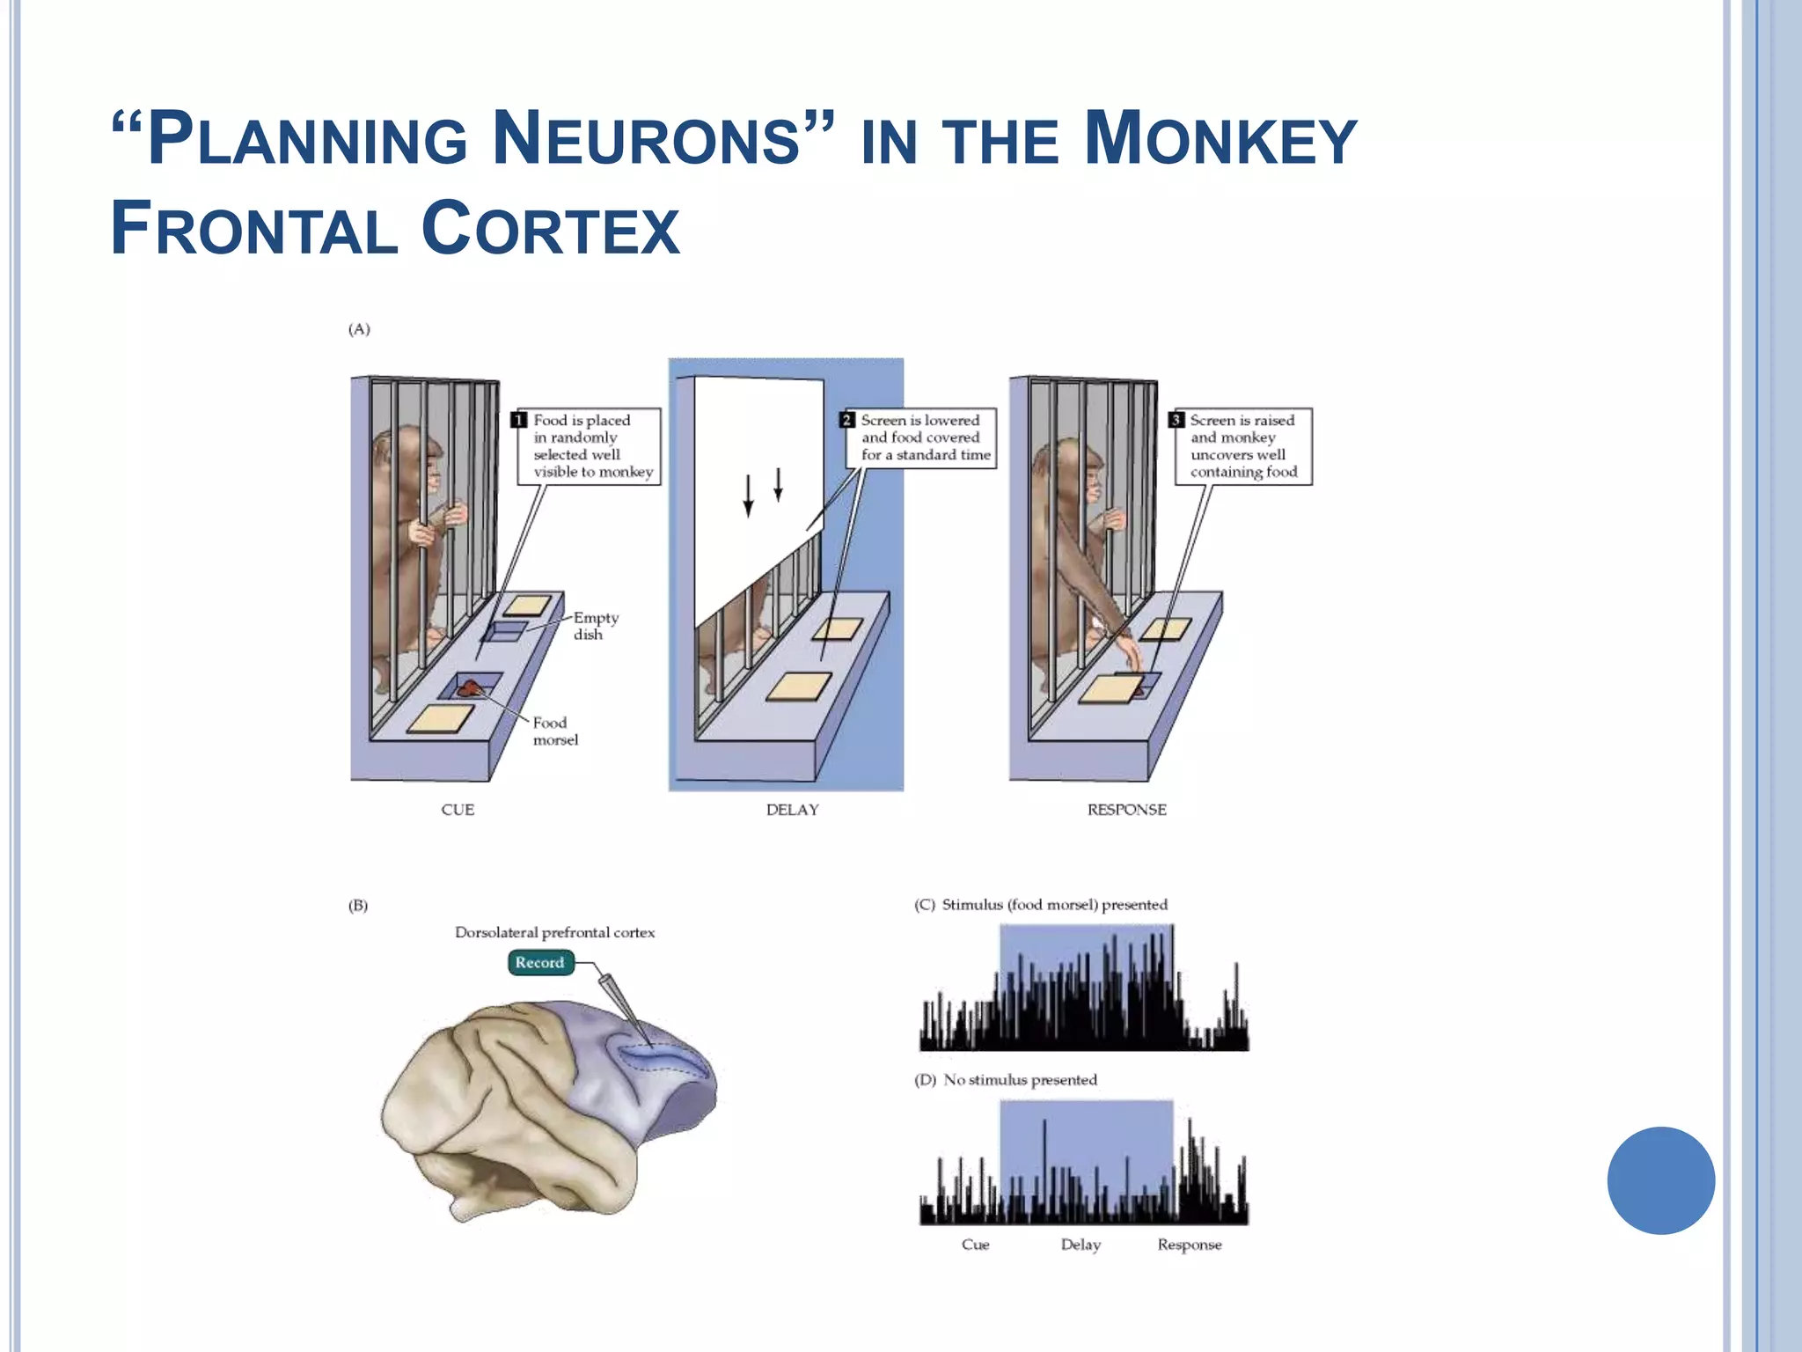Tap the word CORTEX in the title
pos(550,229)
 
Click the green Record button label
pos(539,962)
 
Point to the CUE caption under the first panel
pos(458,810)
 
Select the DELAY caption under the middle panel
pos(792,810)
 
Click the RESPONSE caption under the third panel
pos(1126,810)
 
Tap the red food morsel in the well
pos(467,687)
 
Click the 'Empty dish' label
pos(596,626)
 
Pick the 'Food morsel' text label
pos(555,731)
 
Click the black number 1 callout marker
pos(519,420)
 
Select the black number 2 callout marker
pos(846,420)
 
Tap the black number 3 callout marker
pos(1176,420)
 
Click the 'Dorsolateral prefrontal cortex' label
pos(554,932)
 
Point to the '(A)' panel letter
pos(359,329)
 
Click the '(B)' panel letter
pos(358,906)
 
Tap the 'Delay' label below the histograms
pos(1080,1245)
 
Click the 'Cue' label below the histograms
pos(975,1245)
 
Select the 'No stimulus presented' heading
pos(1020,1080)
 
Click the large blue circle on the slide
pos(1660,1180)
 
